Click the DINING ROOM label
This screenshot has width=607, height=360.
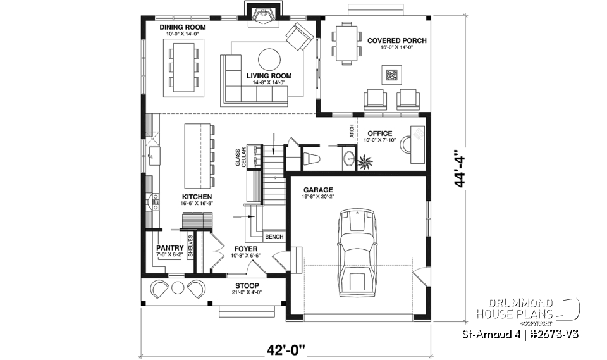click(182, 28)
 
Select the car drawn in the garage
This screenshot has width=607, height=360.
click(358, 253)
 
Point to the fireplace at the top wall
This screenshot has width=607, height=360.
click(261, 14)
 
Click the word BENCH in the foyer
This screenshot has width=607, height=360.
click(274, 237)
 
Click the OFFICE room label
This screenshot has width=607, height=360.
click(379, 133)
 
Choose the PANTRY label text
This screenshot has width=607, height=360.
click(169, 248)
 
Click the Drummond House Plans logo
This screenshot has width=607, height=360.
click(528, 309)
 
